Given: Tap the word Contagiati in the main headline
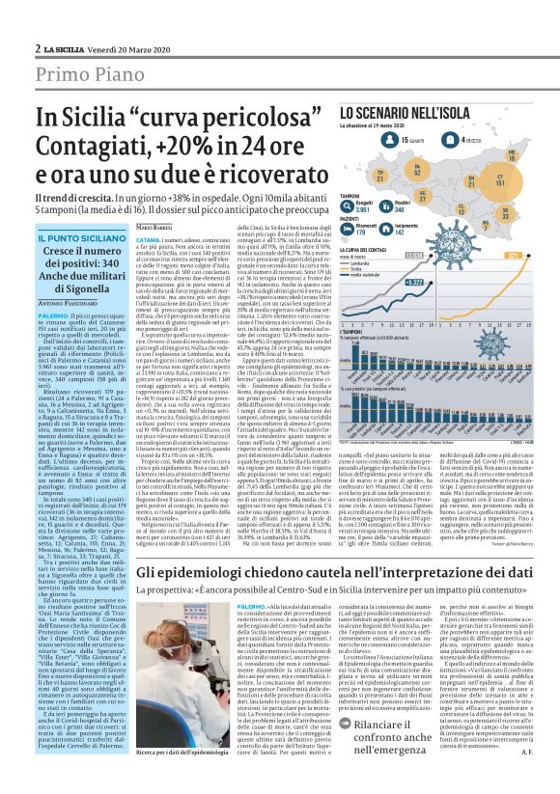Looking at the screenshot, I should [x=117, y=149].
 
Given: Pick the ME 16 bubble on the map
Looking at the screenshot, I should [x=538, y=154].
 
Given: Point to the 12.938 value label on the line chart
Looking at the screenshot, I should [x=469, y=255].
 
